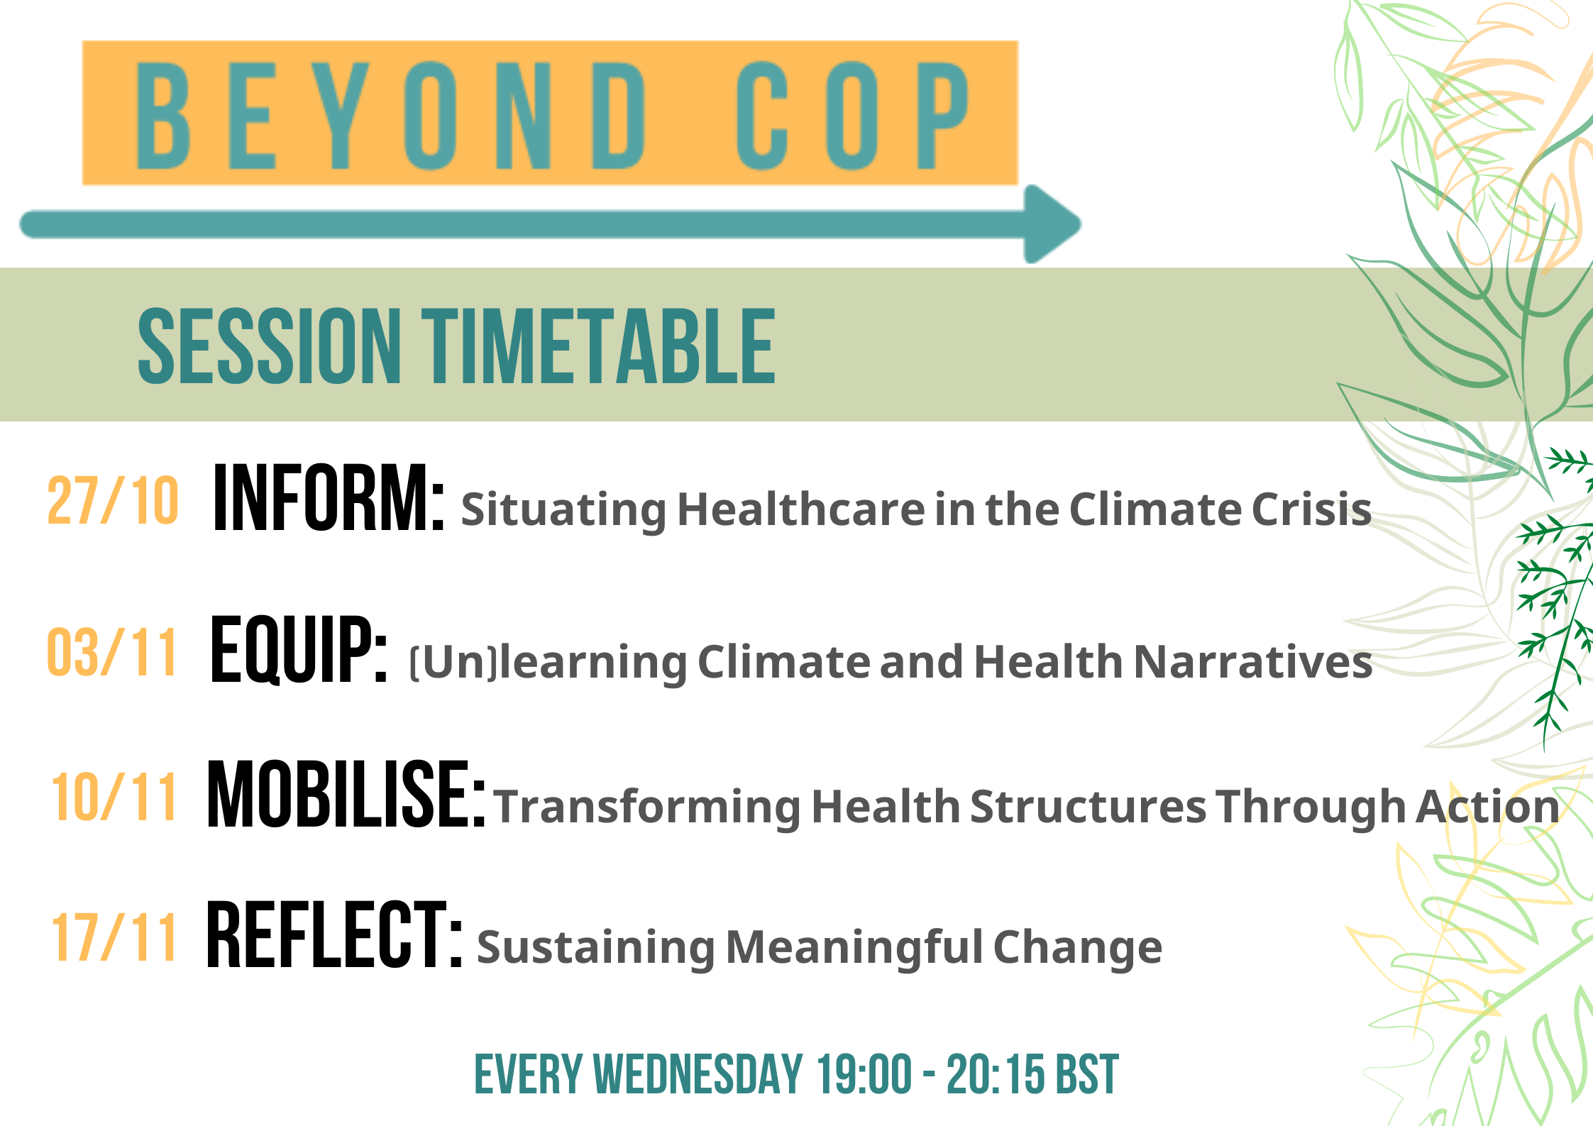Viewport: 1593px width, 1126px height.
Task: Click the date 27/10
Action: point(112,500)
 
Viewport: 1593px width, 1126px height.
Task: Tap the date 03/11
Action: point(111,652)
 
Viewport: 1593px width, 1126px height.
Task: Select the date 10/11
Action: point(114,797)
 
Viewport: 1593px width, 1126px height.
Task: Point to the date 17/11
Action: point(114,937)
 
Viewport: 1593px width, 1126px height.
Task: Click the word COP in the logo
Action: point(852,116)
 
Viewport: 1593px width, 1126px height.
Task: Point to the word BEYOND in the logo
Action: point(390,116)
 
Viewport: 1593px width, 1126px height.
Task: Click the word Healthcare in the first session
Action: point(801,509)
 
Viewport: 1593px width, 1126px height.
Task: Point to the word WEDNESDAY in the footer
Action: point(698,1075)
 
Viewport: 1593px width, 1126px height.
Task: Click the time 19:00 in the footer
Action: point(864,1075)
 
